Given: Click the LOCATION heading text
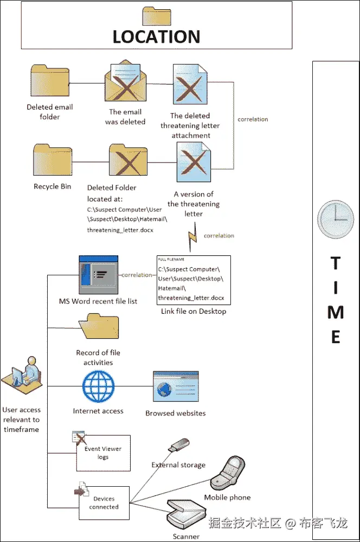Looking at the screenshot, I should coord(156,36).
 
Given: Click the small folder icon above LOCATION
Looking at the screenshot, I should coord(156,16).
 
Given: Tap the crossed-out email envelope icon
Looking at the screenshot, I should coord(126,84).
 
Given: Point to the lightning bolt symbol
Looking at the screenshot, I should coord(192,239).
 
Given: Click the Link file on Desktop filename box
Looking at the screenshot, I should coord(194,280).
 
